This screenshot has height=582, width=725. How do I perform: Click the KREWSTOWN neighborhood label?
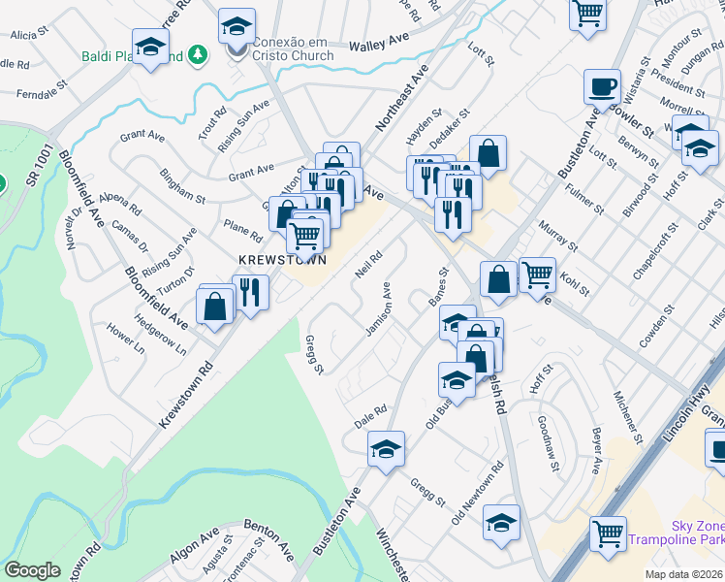click(282, 260)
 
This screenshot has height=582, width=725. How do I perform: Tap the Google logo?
click(32, 570)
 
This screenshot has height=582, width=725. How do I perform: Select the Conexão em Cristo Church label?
click(293, 48)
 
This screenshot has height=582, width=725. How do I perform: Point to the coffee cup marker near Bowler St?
click(602, 87)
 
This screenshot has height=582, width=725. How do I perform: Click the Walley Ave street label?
click(381, 45)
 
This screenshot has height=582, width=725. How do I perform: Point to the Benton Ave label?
click(268, 539)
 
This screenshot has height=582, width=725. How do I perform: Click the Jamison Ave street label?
click(378, 310)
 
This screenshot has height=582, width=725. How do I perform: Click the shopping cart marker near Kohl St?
click(537, 275)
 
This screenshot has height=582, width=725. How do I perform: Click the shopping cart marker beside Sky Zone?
click(608, 533)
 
